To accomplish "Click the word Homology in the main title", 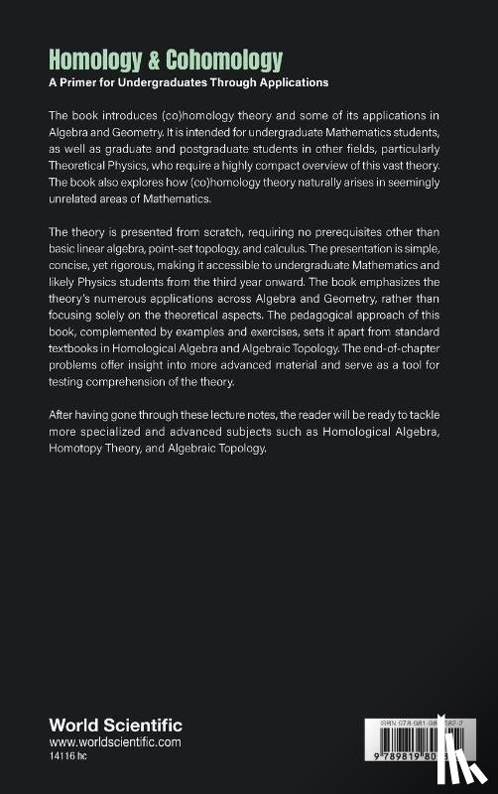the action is point(93,60).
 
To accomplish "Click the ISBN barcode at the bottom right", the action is point(407,754).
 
